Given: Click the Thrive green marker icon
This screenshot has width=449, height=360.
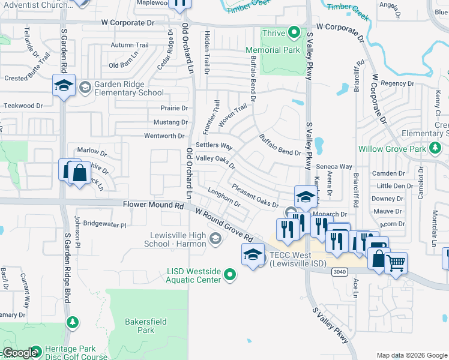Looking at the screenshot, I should click(x=294, y=32).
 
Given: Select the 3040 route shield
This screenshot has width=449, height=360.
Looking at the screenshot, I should click(x=340, y=271).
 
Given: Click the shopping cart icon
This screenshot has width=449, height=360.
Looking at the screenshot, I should click(x=396, y=262).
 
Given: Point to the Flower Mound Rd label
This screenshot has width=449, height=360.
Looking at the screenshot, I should click(x=153, y=205).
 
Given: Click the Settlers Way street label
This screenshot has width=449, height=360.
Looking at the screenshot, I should click(x=214, y=146).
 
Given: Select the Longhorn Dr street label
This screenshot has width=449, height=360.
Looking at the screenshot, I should click(x=224, y=197).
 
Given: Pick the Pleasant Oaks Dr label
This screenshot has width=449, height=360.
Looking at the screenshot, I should click(x=256, y=196).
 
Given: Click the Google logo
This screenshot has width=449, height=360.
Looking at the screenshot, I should click(x=20, y=353).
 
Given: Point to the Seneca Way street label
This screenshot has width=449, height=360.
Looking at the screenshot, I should click(x=335, y=166).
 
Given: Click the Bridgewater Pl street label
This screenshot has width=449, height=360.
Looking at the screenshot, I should click(x=105, y=225).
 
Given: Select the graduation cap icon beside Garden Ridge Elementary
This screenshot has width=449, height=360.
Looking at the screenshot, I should click(x=63, y=85).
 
